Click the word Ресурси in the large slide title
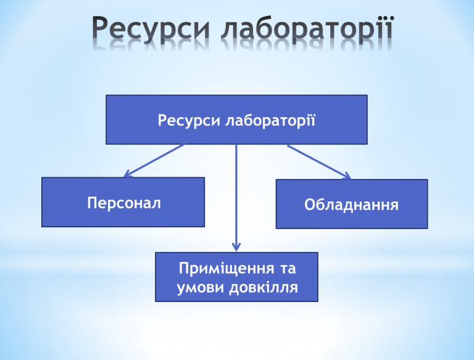pos(151,28)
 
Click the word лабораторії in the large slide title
pos(307,28)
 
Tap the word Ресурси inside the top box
pos(189,120)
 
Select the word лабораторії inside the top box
pos(270,120)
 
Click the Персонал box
pos(123,202)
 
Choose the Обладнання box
pos(352,204)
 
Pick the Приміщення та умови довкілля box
pos(236,277)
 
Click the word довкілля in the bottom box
pos(264,287)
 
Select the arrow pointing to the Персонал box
pos(154,161)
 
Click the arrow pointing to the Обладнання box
pos(319,162)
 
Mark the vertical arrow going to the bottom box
pos(236,198)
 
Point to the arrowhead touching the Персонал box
pos(127,174)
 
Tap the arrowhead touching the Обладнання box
pos(347,176)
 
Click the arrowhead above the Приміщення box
pos(236,247)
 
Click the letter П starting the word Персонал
pos(93,203)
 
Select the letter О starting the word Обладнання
pos(310,205)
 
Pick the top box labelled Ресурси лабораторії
pos(236,120)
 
